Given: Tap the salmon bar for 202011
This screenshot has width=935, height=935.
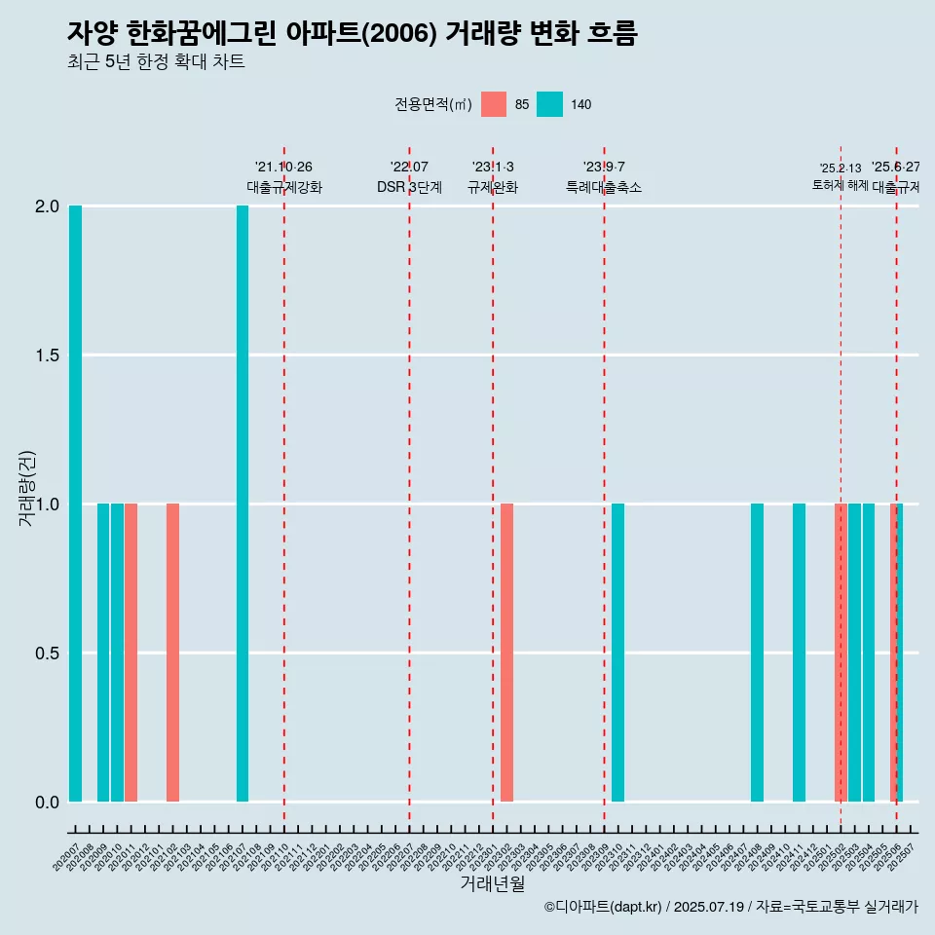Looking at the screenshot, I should tap(131, 653).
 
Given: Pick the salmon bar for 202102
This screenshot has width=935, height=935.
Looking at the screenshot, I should tap(172, 653).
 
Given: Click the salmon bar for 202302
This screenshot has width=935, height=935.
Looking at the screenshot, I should tap(507, 653).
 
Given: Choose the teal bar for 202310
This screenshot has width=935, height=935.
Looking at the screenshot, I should tap(618, 653).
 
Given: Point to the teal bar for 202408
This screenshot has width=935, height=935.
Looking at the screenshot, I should tap(758, 653).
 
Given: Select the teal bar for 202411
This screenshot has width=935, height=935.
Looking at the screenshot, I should tap(800, 653).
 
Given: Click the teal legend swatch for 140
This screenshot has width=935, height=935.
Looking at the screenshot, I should tap(550, 104).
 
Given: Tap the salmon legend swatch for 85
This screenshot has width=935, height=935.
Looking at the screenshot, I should tap(494, 104).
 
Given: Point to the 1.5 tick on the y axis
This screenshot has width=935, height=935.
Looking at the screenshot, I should tap(46, 355).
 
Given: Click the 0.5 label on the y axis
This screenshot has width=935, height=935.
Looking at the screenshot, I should tap(46, 653).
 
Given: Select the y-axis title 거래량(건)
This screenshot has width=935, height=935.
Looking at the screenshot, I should tap(27, 487).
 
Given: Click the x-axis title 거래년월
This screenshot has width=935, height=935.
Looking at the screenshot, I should tap(492, 884).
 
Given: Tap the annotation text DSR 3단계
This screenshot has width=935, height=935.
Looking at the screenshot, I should tap(409, 187).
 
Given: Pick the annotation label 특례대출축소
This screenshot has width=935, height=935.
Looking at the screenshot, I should tap(604, 187).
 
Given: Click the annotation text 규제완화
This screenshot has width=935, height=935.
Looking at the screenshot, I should tap(493, 187).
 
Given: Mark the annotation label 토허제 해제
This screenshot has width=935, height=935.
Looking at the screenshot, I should tap(840, 185).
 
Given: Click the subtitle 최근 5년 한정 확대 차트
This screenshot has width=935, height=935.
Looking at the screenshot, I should tap(156, 62).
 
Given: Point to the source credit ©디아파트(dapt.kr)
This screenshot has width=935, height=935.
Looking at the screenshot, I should tap(603, 907).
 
